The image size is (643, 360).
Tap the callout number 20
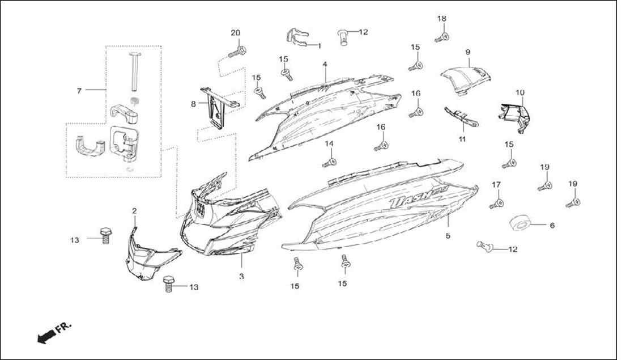click(x=235, y=33)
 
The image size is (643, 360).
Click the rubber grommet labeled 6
click(x=521, y=224)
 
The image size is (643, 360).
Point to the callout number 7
click(x=79, y=91)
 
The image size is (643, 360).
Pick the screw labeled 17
click(x=497, y=203)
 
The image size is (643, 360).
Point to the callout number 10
click(x=520, y=93)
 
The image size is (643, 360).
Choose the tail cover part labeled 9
click(x=466, y=81)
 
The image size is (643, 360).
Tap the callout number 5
click(x=448, y=236)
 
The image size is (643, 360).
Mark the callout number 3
click(x=241, y=277)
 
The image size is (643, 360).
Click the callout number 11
click(x=462, y=139)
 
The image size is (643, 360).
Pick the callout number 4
click(x=325, y=64)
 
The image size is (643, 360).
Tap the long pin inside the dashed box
click(x=134, y=71)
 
